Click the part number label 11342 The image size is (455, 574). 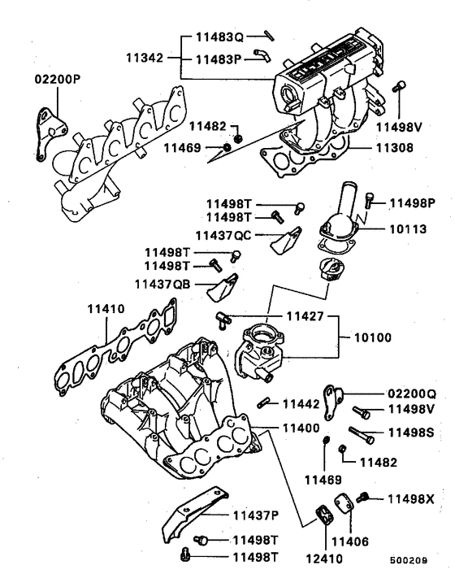(145, 59)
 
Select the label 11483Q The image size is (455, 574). (219, 37)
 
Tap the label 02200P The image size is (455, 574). (58, 80)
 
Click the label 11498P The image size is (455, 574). (412, 202)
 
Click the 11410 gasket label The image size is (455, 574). (106, 309)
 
